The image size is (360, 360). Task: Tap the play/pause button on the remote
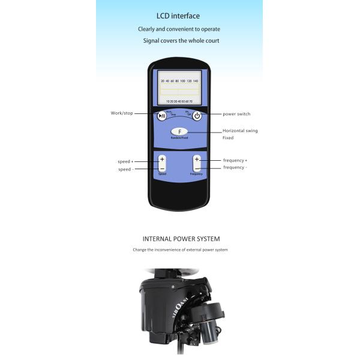(162, 116)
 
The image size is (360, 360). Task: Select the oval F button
(179, 132)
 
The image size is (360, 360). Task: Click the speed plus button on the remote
(162, 160)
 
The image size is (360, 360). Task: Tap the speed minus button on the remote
(162, 169)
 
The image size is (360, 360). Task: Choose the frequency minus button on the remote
(197, 169)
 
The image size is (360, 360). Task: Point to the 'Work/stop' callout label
(122, 113)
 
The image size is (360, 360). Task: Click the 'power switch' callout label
(236, 113)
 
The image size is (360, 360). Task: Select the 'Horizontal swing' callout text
(240, 130)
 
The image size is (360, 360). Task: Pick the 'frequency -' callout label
(235, 167)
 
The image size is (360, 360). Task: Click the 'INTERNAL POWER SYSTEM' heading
(181, 238)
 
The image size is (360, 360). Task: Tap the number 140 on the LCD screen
(195, 80)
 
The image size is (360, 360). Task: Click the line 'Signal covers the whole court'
(181, 41)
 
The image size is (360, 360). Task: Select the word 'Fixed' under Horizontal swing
(228, 138)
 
